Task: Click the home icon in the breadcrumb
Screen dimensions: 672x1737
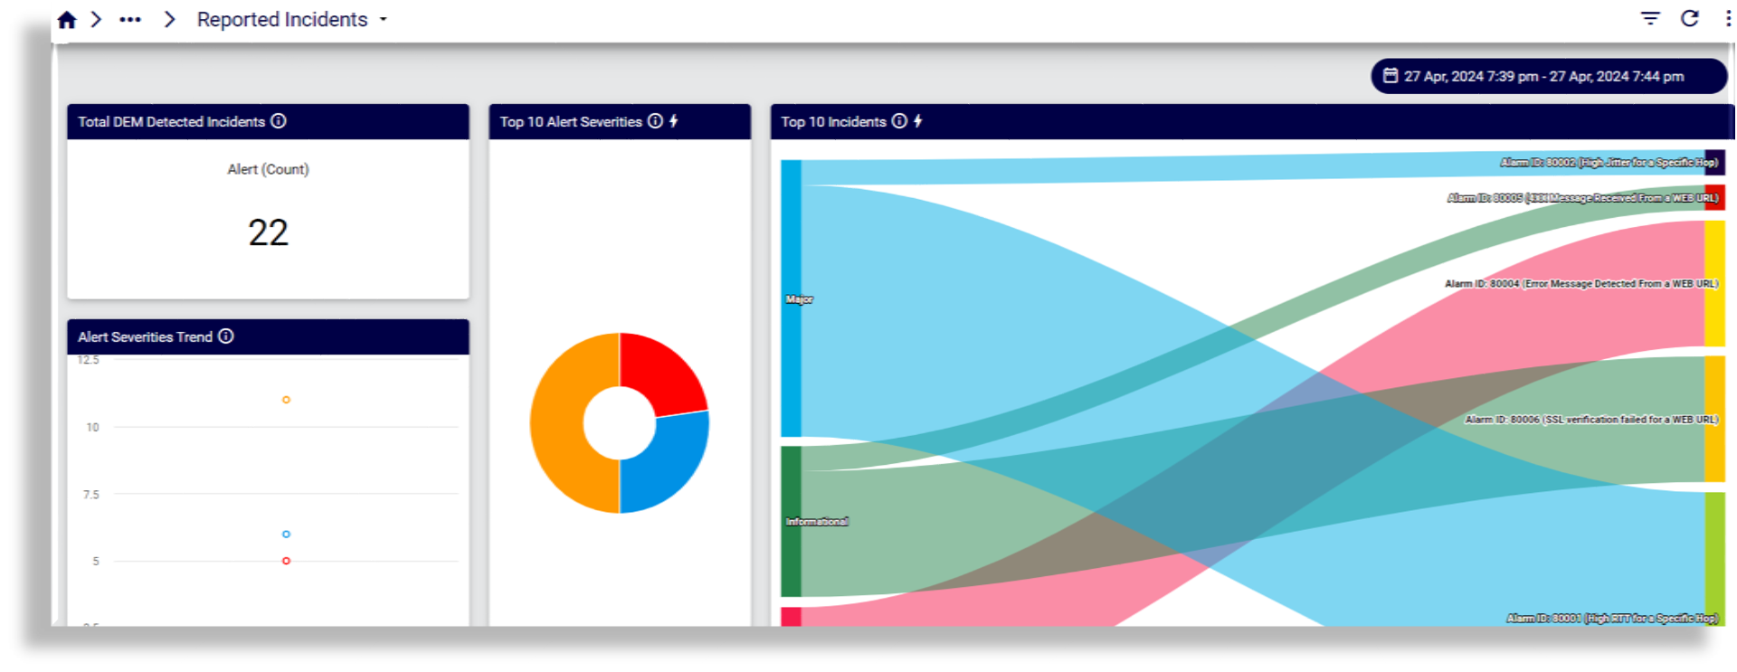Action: coord(67,20)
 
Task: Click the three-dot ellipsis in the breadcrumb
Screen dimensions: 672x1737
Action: coord(130,20)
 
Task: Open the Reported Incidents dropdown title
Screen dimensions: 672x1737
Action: coord(291,20)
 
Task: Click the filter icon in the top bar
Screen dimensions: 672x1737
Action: coord(1650,19)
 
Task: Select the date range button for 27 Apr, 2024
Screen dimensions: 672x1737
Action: coord(1548,77)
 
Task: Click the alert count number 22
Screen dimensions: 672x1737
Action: coord(268,233)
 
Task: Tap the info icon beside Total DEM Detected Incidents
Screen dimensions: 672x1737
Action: coord(279,121)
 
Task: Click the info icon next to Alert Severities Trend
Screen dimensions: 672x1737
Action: coord(226,336)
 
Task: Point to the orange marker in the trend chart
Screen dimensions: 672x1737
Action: coord(286,400)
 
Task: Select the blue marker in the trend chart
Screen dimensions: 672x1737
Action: coord(286,535)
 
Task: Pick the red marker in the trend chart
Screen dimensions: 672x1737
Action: coord(286,562)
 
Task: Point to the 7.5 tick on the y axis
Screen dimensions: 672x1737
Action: coord(91,495)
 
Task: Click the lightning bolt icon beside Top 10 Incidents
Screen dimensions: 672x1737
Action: coord(917,121)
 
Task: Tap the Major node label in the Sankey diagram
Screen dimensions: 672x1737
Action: coord(799,299)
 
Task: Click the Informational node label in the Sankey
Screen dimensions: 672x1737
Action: coord(817,522)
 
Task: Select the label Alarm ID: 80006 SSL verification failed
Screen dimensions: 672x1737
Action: coord(1591,420)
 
